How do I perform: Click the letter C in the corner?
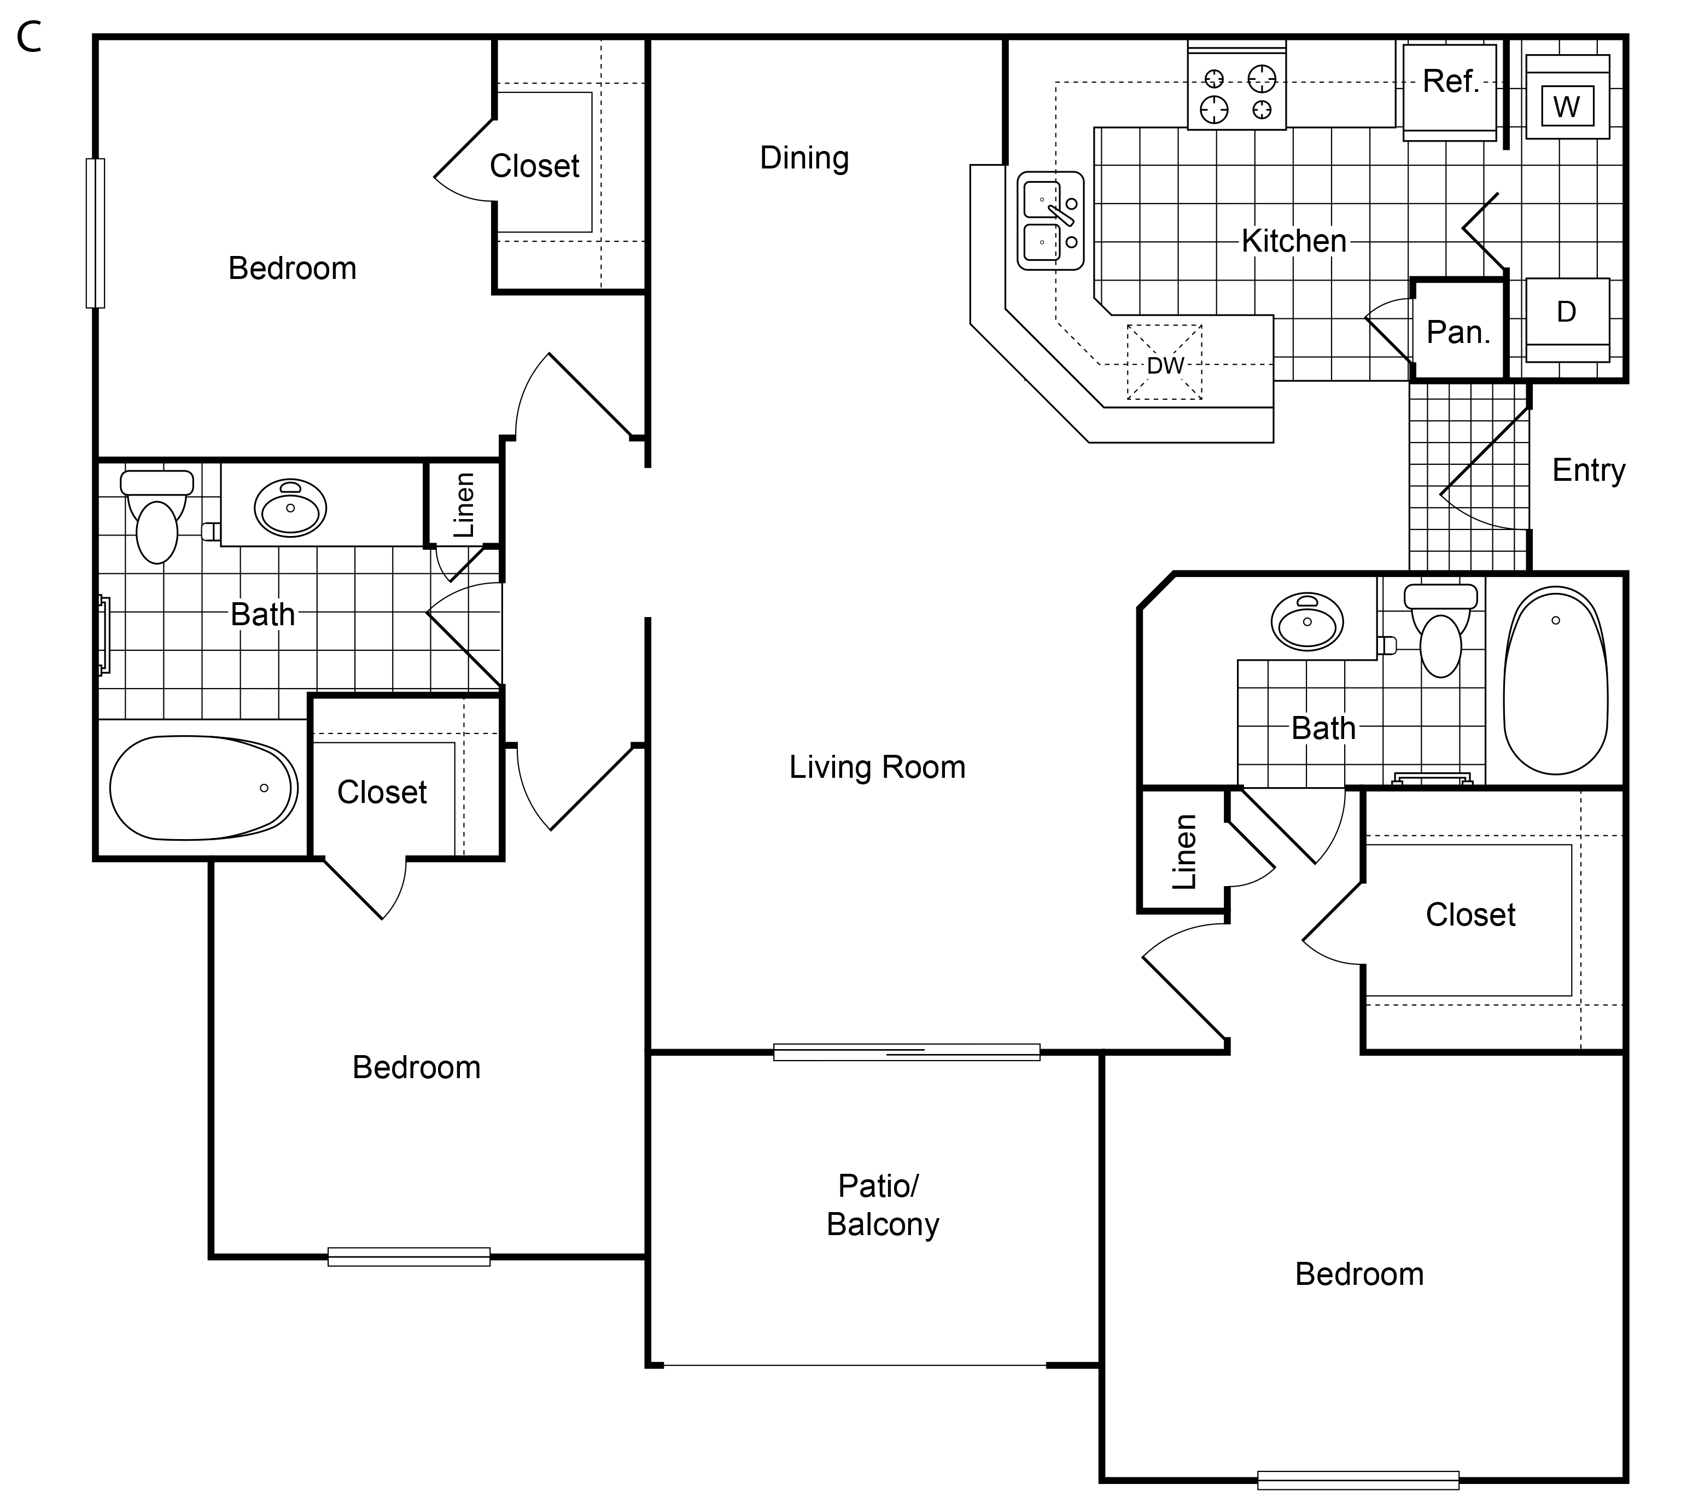29,38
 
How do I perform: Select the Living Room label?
877,767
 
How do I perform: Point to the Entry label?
1588,470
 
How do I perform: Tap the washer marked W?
1567,97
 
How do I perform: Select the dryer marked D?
1567,319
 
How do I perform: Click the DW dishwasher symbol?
1165,363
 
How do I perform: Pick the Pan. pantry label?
1458,332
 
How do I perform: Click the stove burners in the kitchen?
1236,86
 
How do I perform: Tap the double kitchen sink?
1050,220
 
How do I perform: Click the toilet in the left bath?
157,516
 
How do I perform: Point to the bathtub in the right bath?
1555,680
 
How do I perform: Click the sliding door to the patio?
906,1052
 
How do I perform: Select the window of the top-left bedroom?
96,233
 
